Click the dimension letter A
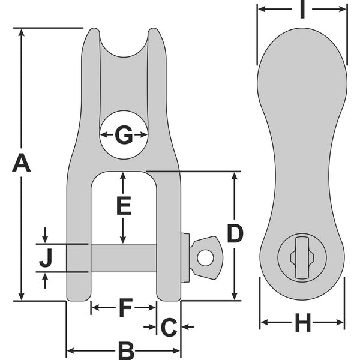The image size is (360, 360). point(22,163)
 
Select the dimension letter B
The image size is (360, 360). point(125,350)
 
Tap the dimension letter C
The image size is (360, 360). point(169,327)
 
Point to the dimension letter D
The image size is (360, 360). point(235,233)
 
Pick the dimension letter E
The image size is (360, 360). point(123,206)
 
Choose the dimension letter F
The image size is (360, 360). point(125,307)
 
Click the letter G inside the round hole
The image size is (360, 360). point(124,135)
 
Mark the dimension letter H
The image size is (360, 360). point(303,325)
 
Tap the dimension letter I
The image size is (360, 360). point(303,10)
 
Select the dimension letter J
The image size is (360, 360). point(46,258)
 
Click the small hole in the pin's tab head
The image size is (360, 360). point(206,257)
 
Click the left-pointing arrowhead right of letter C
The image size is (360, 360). point(185,327)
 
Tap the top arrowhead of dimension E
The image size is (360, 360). point(123,176)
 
